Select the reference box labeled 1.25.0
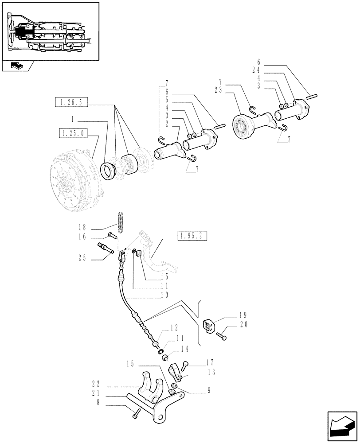coord(73,132)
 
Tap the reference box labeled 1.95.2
coord(192,235)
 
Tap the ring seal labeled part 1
coord(109,171)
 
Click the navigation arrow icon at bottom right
coord(342,425)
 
